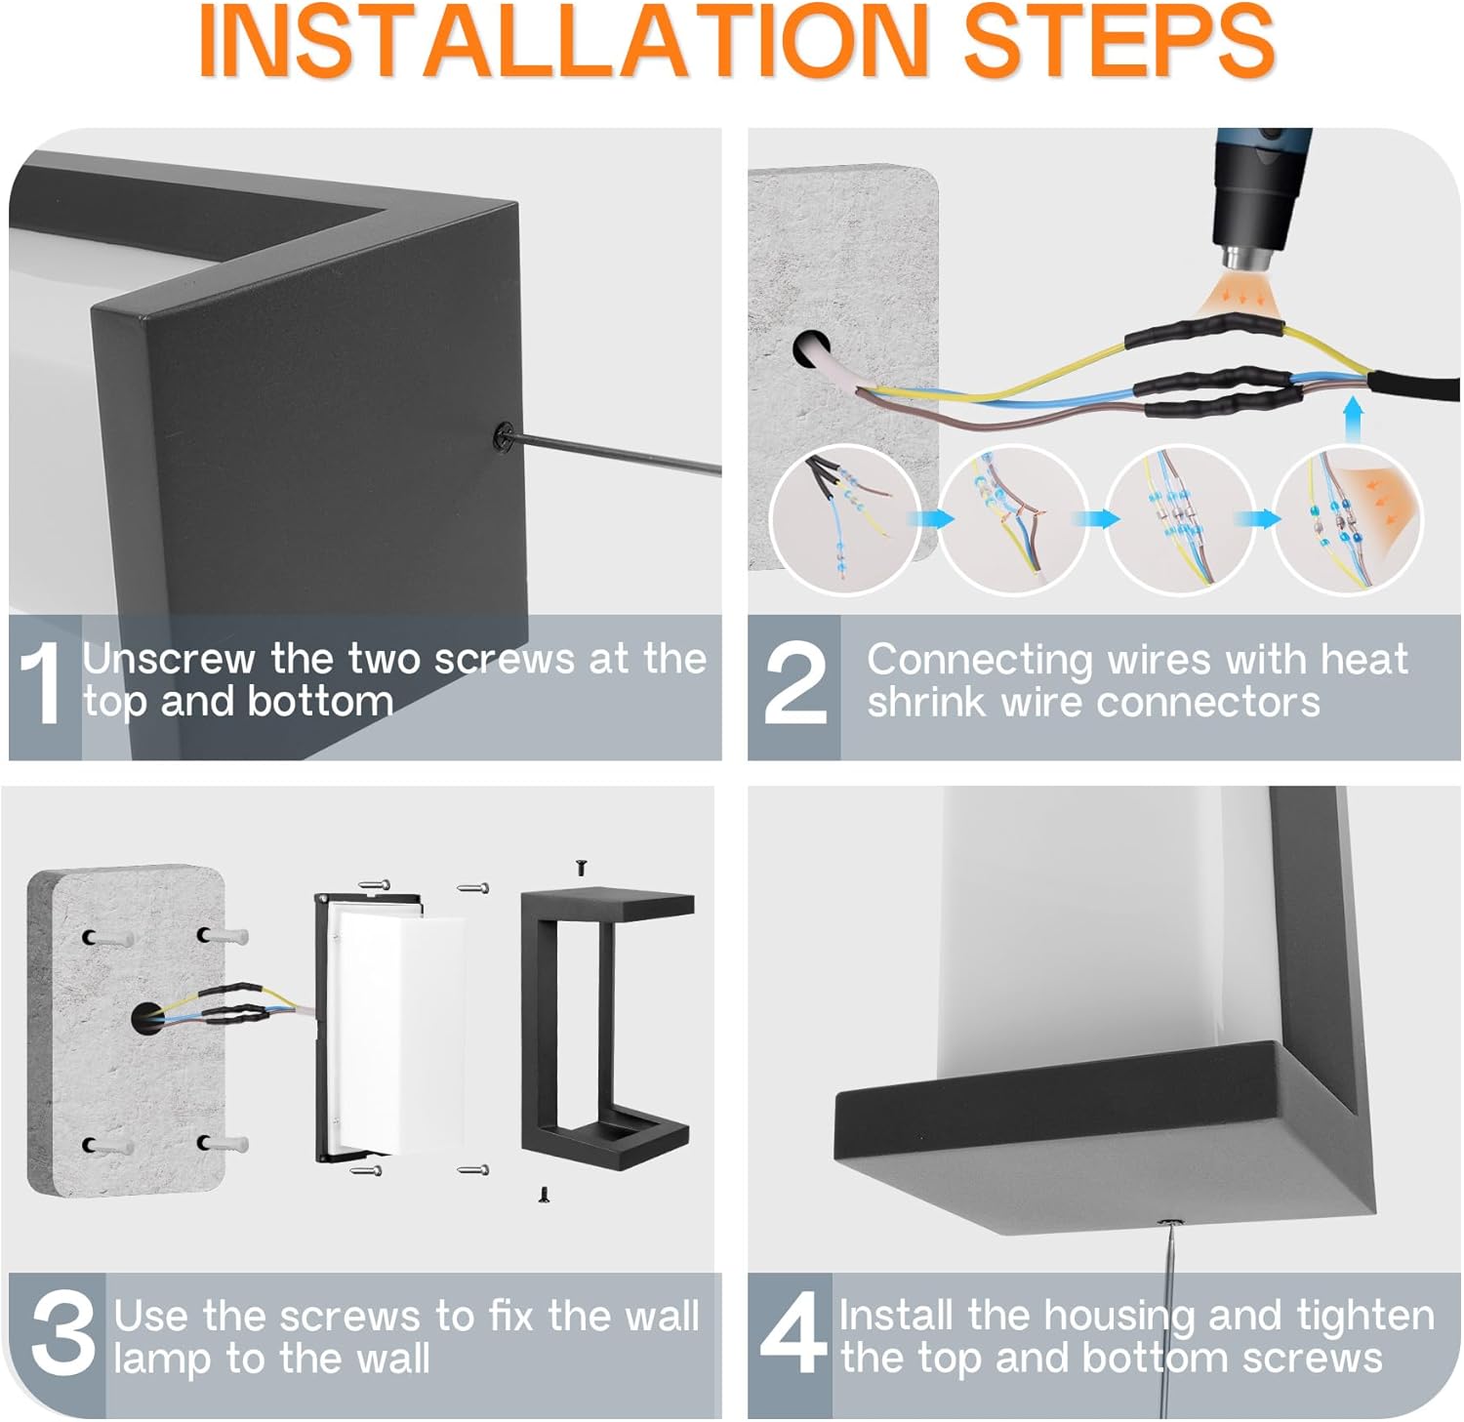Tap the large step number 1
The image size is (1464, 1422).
tap(41, 682)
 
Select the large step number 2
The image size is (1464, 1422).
tap(796, 682)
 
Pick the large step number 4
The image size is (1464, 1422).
tap(793, 1333)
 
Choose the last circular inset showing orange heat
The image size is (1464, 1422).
tap(1350, 519)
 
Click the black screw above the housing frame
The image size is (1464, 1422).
tap(582, 865)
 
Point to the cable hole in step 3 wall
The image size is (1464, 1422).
tap(142, 1017)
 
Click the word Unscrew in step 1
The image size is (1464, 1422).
tap(167, 659)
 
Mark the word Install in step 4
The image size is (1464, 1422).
tap(896, 1316)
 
